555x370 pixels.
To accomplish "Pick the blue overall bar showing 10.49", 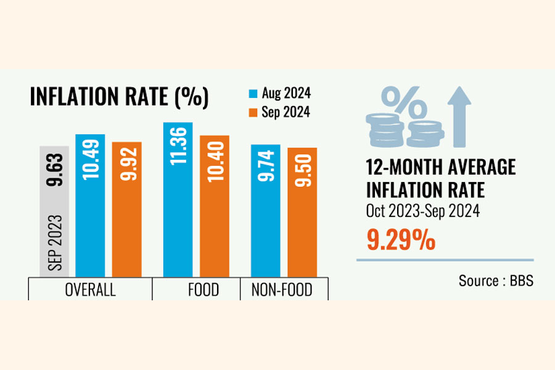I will [x=90, y=205].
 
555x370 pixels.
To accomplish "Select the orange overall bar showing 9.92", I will [x=126, y=209].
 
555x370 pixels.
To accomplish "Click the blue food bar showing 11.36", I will [x=178, y=199].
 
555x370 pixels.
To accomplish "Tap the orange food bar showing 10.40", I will [x=215, y=206].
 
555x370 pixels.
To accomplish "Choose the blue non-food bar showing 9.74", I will [x=266, y=210].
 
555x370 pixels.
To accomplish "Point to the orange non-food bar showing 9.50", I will [x=302, y=212].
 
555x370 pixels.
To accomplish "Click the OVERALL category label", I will [x=90, y=290].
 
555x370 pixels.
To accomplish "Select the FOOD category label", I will [x=203, y=290].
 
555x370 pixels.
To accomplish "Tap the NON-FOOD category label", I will [x=284, y=290].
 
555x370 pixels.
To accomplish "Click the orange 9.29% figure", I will [x=401, y=239].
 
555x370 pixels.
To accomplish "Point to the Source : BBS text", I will [x=496, y=281].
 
